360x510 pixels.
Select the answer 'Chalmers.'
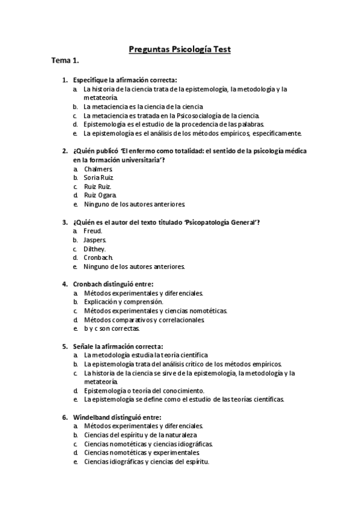(98, 169)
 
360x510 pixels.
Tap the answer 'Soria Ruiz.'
(99, 178)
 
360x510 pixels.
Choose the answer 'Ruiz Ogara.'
(100, 195)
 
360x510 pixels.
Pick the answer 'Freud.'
(93, 231)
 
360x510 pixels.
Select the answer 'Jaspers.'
(95, 240)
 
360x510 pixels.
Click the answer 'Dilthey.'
(95, 248)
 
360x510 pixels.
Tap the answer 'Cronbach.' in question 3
(99, 257)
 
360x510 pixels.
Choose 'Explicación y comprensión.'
(123, 302)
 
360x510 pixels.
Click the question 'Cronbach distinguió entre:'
(113, 284)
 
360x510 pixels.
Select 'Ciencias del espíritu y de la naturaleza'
(140, 435)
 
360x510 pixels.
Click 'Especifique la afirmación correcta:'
(124, 80)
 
